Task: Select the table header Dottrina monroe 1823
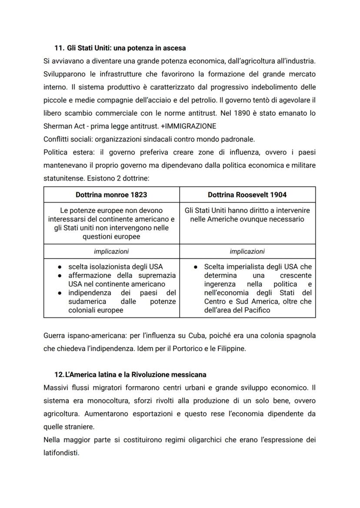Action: click(111, 195)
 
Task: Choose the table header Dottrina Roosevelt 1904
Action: click(247, 195)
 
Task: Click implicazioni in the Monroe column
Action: click(111, 251)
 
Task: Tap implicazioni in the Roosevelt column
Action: click(247, 251)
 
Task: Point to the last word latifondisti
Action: click(61, 453)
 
